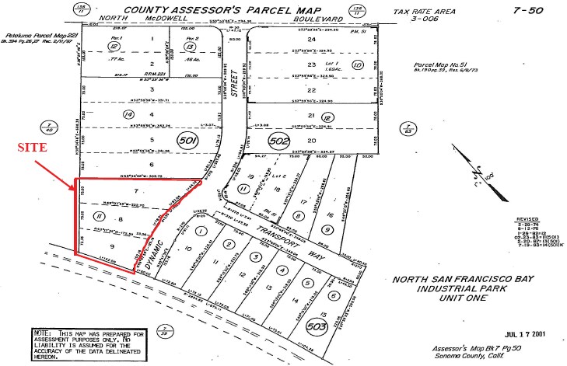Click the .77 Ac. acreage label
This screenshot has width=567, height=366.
click(x=117, y=58)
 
